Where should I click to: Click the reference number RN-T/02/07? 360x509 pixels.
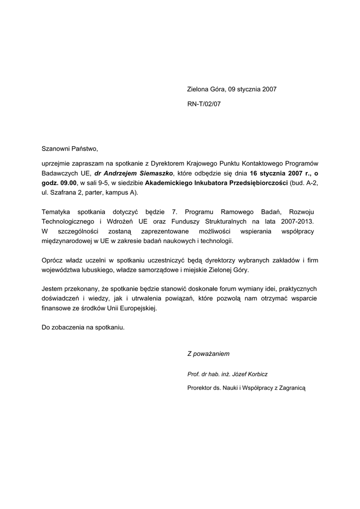click(x=203, y=104)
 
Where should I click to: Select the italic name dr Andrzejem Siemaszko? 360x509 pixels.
click(x=133, y=173)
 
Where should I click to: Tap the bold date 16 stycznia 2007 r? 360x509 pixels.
click(x=279, y=173)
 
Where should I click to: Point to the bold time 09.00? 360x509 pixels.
click(x=68, y=183)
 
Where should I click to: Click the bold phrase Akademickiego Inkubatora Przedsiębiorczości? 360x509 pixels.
click(x=217, y=183)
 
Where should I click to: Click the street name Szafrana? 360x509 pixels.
click(x=62, y=192)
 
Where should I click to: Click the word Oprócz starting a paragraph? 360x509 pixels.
click(x=53, y=260)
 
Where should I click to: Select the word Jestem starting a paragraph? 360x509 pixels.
click(x=53, y=289)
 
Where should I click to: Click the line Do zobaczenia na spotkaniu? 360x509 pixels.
click(x=83, y=328)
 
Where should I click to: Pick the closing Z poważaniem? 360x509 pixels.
click(x=208, y=354)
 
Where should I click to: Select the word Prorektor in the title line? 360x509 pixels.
click(x=200, y=387)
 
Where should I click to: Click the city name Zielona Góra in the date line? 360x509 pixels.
click(x=206, y=89)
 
